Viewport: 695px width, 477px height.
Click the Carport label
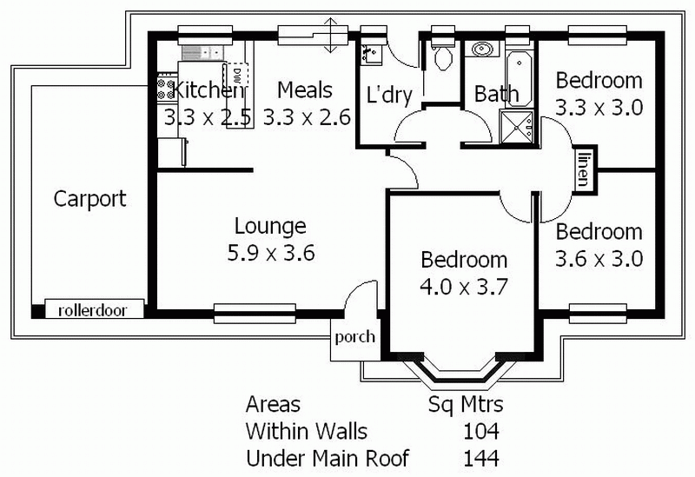click(89, 199)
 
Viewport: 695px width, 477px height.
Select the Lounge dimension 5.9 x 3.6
click(270, 254)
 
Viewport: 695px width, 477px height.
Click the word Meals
click(304, 89)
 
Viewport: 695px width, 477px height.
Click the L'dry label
click(388, 95)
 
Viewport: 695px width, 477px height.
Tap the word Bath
click(496, 94)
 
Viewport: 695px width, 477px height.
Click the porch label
click(354, 337)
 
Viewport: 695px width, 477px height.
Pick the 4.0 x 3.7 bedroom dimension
click(463, 288)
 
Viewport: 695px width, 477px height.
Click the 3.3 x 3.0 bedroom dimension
click(599, 109)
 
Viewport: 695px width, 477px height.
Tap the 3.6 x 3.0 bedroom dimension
click(599, 259)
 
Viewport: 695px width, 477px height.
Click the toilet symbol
click(442, 57)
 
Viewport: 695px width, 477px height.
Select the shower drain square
click(522, 128)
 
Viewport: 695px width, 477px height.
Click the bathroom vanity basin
click(481, 49)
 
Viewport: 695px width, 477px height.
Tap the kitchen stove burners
click(165, 88)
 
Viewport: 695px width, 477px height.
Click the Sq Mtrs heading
click(467, 405)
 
